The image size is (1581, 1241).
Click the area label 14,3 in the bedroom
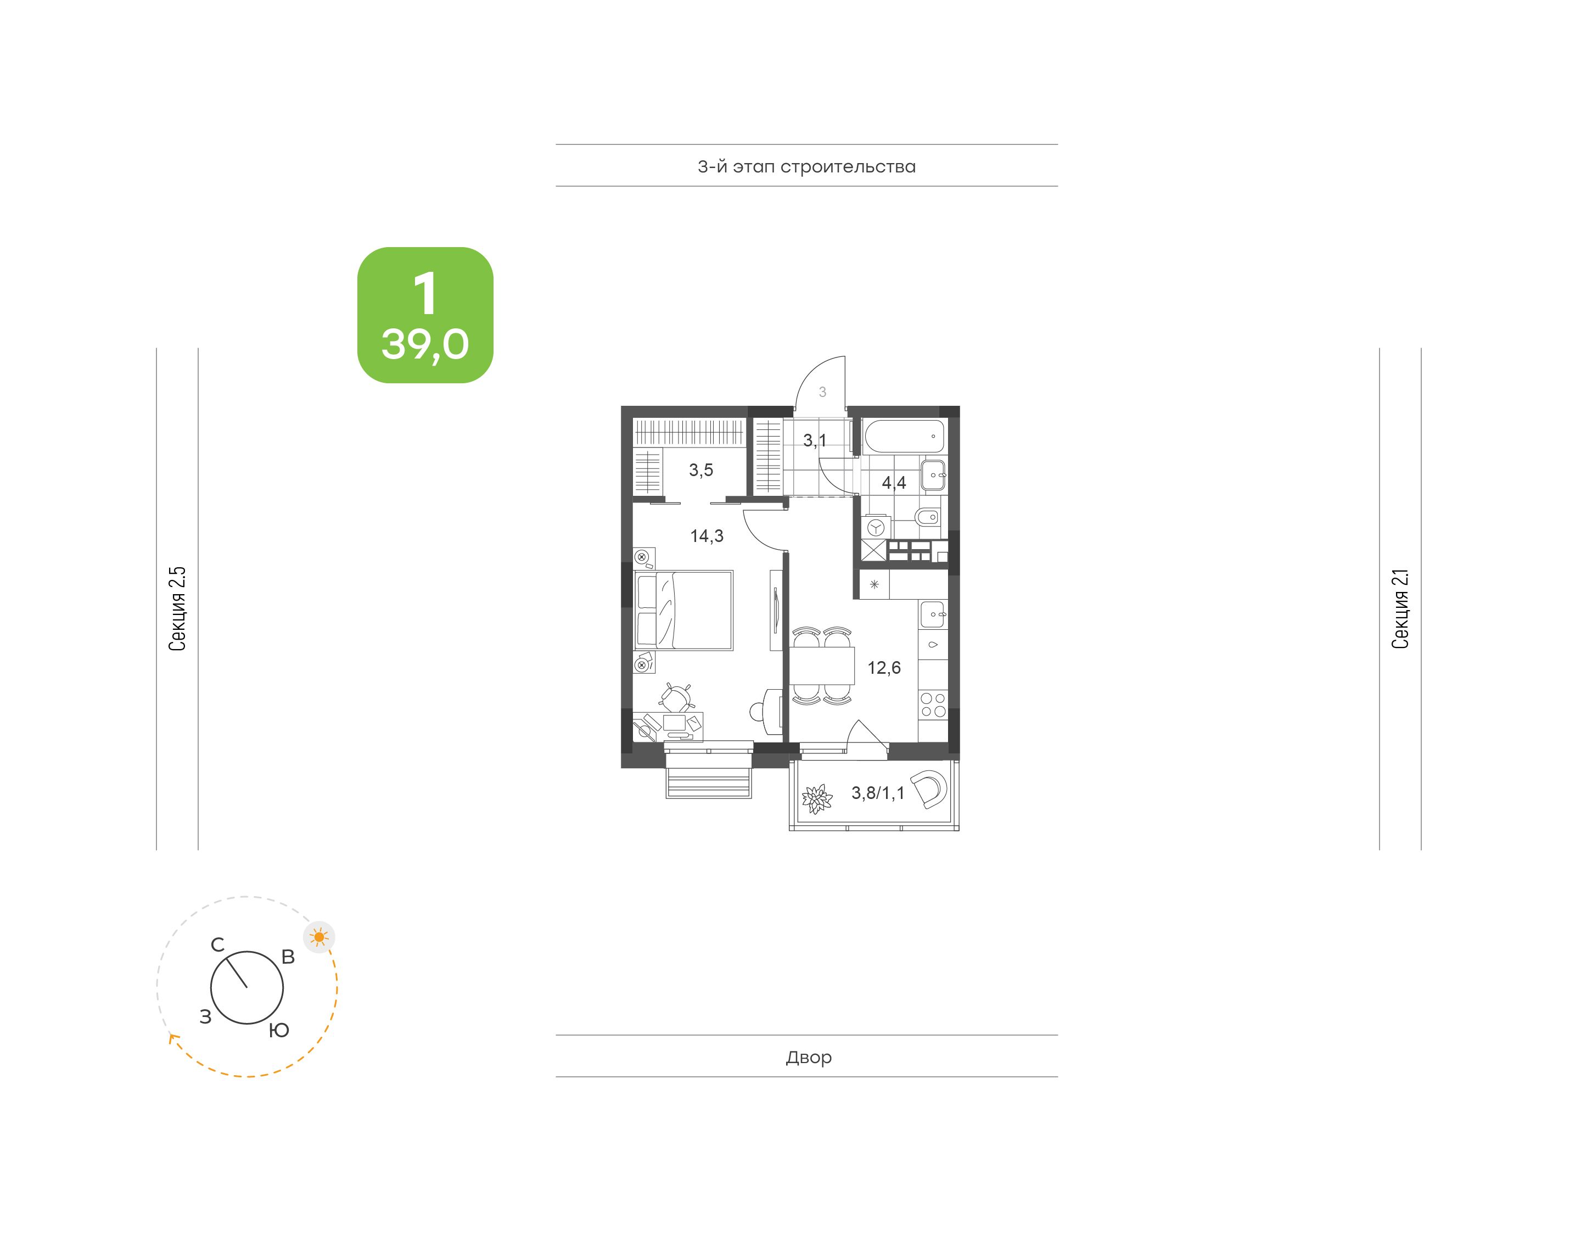pos(706,536)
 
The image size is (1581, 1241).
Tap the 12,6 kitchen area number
pos(884,668)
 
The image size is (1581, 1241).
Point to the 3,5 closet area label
pos(701,470)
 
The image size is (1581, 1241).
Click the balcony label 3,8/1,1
pos(878,793)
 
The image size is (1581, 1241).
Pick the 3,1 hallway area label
pos(814,440)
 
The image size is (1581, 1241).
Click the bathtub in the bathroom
pos(904,436)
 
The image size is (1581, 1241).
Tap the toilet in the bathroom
pos(927,517)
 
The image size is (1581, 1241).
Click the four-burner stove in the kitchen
pos(933,705)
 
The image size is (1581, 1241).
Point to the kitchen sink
pos(933,614)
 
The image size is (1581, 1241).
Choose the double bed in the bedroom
pos(683,610)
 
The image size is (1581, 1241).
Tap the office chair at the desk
pos(676,697)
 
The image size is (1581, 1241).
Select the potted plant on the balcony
pos(817,800)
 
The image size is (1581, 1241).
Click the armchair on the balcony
pos(929,789)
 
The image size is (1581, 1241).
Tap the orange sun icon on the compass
pos(319,937)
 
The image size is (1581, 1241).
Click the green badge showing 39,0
pos(425,315)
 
